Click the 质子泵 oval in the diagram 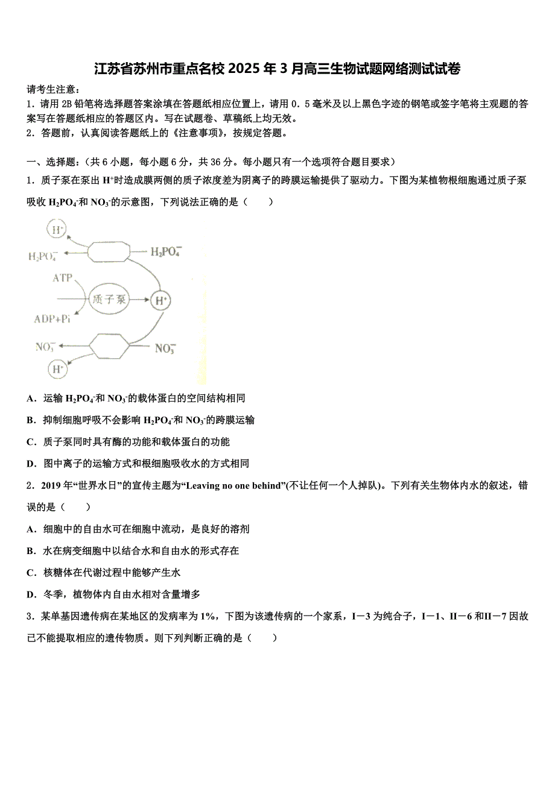coord(109,300)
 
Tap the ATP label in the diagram coord(62,278)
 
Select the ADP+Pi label coord(52,319)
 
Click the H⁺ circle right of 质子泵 coord(160,300)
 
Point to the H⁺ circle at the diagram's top coord(57,229)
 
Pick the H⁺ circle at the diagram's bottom coord(58,369)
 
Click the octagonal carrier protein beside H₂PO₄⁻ coord(109,251)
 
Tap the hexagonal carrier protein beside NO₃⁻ coord(109,348)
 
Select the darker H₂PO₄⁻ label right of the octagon coord(165,251)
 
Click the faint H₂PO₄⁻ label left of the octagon coord(43,256)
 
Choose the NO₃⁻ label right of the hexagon coord(165,348)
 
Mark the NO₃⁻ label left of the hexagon coord(45,347)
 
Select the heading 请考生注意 coord(54,90)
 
